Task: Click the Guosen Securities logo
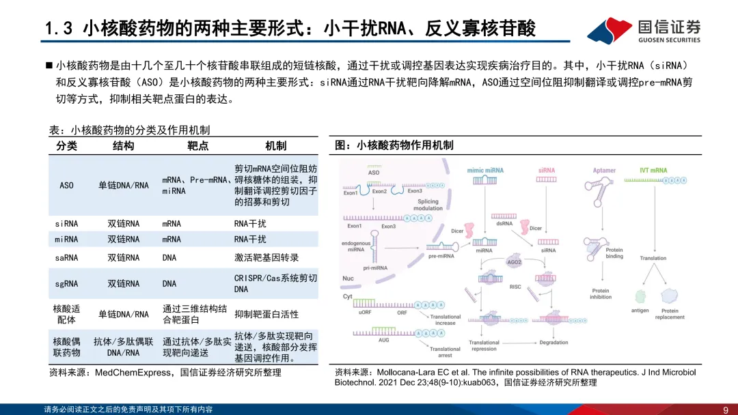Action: coord(644,31)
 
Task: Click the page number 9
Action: coord(725,410)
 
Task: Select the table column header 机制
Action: coord(275,146)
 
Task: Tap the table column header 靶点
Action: coord(197,146)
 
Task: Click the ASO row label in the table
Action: coord(66,186)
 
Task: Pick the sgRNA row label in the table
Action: coord(66,284)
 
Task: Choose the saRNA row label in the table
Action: coord(66,258)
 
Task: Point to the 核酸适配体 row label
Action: coord(66,314)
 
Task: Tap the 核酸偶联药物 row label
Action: coord(66,347)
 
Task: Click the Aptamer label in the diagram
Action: coord(604,171)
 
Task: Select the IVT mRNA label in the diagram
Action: coord(653,170)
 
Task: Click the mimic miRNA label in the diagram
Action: coord(485,170)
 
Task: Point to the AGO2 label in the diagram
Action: coord(515,262)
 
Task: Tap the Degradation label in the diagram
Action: coord(553,343)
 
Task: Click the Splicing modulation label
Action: coord(428,205)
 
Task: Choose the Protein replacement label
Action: coord(670,314)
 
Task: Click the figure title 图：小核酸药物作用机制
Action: coord(394,145)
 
